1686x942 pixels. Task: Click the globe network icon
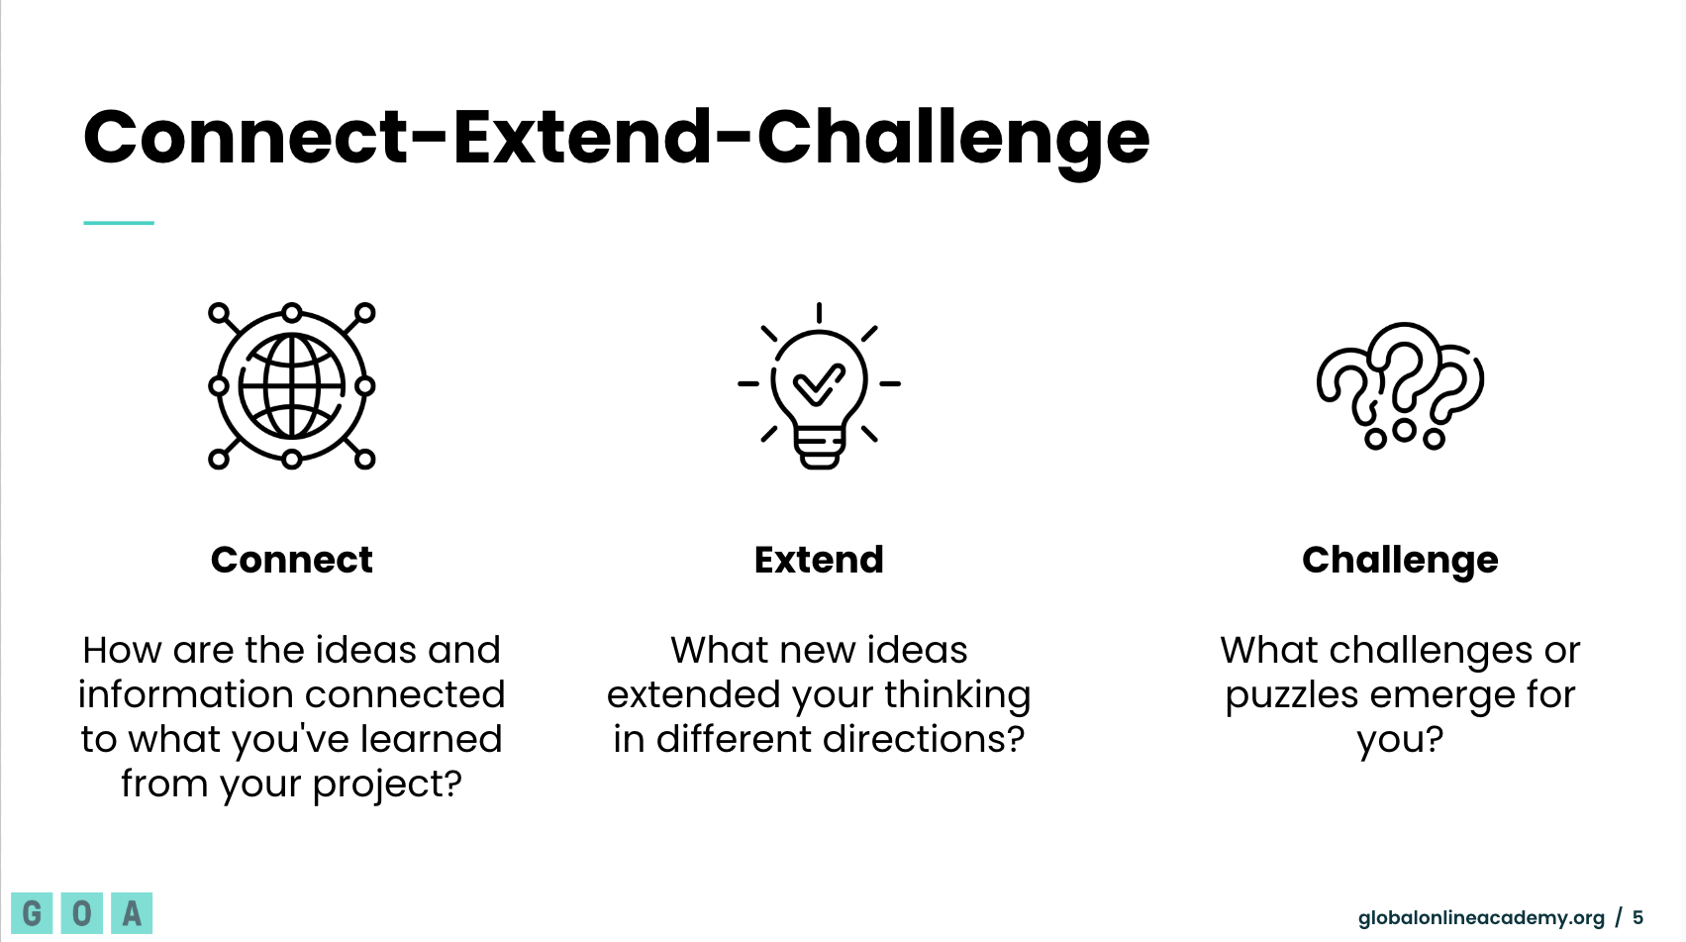coord(291,385)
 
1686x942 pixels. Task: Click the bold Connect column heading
coord(291,560)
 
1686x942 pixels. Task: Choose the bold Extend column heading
coord(819,560)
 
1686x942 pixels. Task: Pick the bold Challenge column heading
coord(1400,561)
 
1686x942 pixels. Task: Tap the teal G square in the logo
coord(32,913)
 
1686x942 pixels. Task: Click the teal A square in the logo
coord(132,913)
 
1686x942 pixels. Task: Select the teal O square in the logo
coord(81,913)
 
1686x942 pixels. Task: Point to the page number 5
coord(1637,918)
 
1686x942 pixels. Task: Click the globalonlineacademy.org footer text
coord(1481,918)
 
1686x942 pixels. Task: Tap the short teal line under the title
coord(118,223)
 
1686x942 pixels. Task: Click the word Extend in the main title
coord(582,137)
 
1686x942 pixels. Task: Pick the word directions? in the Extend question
coord(924,739)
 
